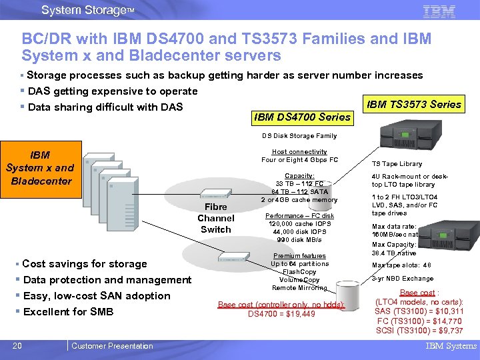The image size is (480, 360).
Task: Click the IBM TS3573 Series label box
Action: click(x=413, y=104)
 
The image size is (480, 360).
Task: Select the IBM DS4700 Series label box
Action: click(x=302, y=117)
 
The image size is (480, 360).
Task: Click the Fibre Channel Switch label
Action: click(x=215, y=219)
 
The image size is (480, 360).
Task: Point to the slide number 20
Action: click(x=17, y=345)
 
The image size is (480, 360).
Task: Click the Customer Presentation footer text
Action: click(x=112, y=345)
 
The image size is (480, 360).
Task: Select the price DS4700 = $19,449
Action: click(x=281, y=314)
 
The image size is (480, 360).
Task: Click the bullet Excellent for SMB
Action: click(x=67, y=312)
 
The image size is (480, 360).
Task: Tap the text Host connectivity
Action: click(x=299, y=152)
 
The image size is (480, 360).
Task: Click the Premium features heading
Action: click(x=299, y=256)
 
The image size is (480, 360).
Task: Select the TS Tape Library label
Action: click(x=397, y=164)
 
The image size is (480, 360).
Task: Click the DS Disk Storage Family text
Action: click(x=299, y=136)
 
